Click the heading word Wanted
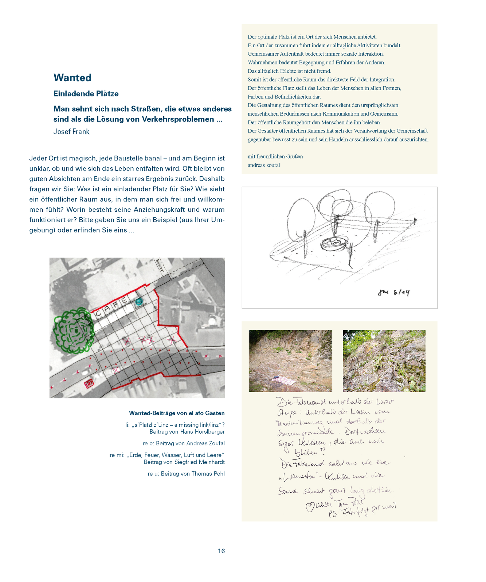click(x=72, y=78)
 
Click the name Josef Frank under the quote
click(x=71, y=132)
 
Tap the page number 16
click(x=221, y=551)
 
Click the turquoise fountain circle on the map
click(x=138, y=302)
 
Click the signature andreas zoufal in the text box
click(x=264, y=165)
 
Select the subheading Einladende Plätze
click(x=86, y=94)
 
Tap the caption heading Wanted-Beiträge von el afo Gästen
click(x=177, y=413)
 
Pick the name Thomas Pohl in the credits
click(x=208, y=474)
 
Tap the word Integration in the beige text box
click(x=382, y=80)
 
